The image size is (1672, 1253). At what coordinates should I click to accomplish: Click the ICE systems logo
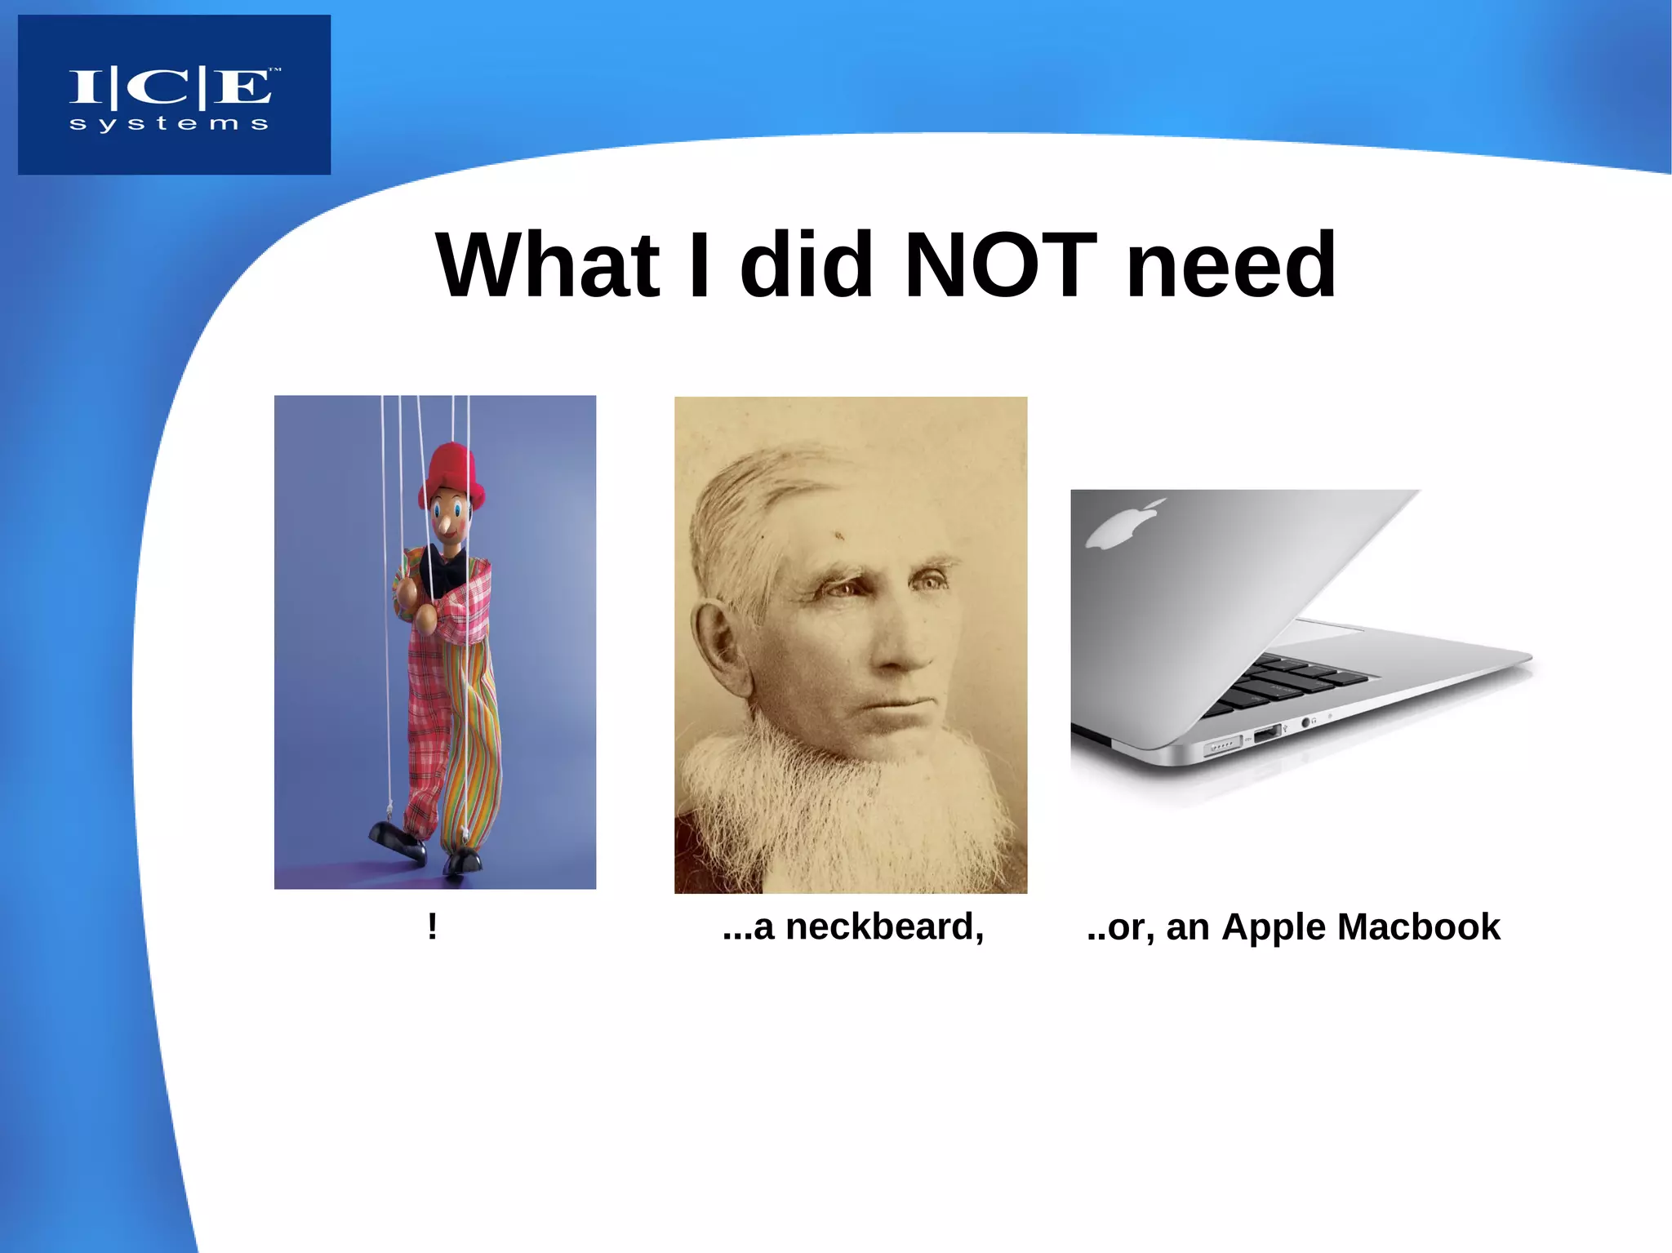(174, 94)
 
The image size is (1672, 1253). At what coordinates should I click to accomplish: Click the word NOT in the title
(1001, 265)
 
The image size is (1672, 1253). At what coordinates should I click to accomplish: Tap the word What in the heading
(548, 265)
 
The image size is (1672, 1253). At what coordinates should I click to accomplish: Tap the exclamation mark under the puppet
(433, 926)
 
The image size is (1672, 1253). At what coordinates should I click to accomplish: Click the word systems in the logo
(169, 124)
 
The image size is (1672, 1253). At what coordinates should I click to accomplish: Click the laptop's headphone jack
(1305, 722)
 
